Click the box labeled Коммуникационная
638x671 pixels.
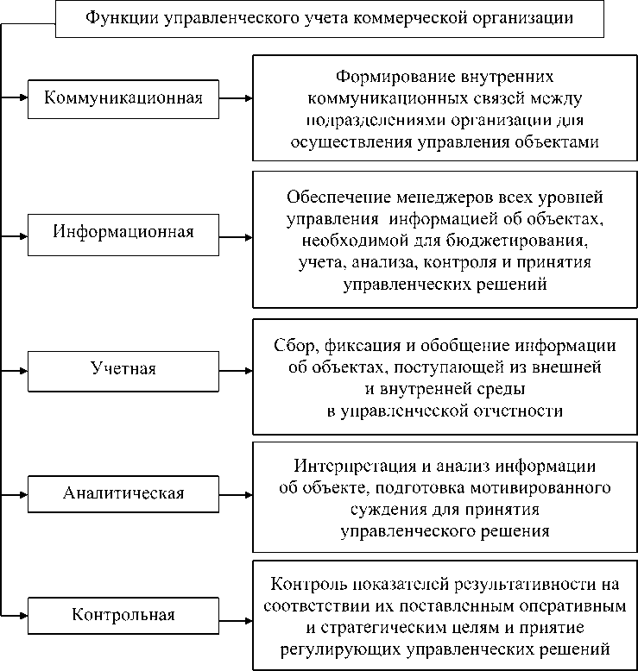tap(123, 98)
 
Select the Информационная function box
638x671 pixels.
tap(123, 232)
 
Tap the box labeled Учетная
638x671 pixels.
tap(123, 369)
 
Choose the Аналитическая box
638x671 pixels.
tap(123, 493)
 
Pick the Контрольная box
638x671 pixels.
tap(123, 615)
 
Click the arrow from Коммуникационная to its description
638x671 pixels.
tap(236, 98)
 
